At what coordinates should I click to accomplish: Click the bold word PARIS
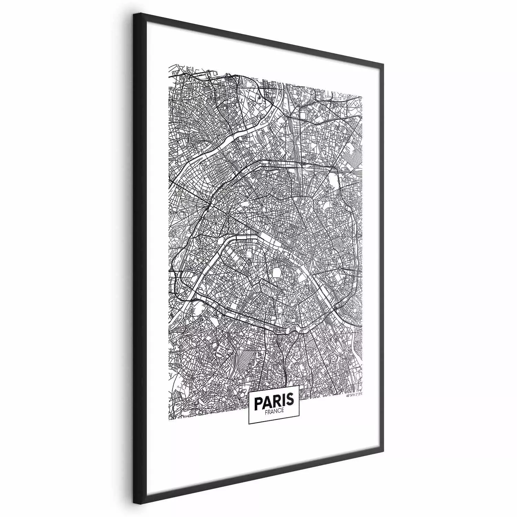tap(274, 401)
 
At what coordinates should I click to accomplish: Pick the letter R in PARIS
tap(276, 401)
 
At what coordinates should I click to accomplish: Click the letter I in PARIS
tap(282, 401)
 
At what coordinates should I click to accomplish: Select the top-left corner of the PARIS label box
tap(249, 391)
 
